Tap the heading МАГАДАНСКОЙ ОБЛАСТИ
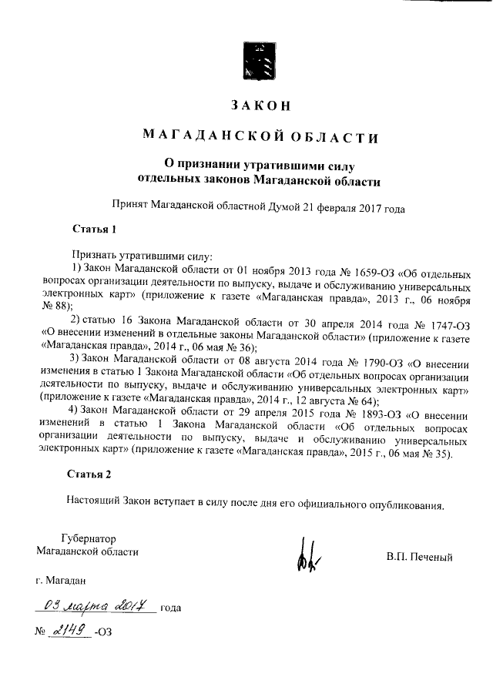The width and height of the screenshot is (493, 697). point(260,137)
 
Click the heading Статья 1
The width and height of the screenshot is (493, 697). point(94,230)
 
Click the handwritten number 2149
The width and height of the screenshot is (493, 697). point(70,632)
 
